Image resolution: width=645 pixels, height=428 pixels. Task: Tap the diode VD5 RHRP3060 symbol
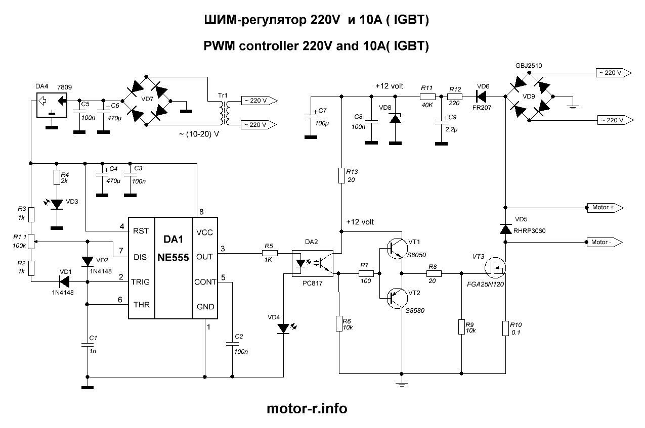click(x=505, y=229)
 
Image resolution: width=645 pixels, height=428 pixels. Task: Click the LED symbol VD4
click(x=284, y=329)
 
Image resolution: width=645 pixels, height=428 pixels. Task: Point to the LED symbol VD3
click(x=57, y=204)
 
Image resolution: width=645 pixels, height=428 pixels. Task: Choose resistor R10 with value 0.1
click(x=505, y=328)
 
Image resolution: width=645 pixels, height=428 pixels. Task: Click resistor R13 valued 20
click(x=341, y=176)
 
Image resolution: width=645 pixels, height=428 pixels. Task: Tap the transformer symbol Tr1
click(x=223, y=112)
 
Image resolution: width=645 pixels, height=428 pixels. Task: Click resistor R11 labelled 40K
click(x=427, y=96)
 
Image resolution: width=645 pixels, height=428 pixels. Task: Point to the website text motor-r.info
click(x=307, y=408)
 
